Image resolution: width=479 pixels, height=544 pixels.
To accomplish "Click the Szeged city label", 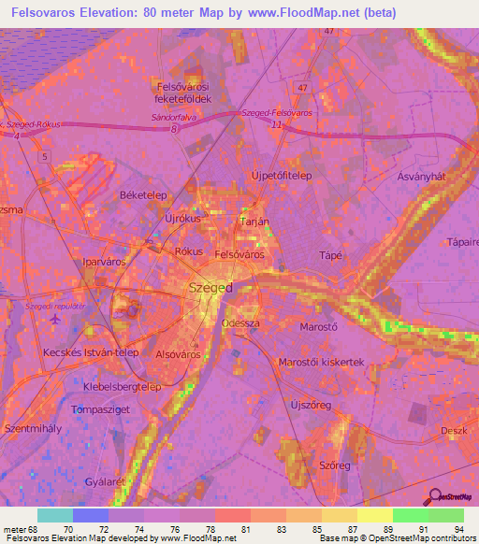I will pyautogui.click(x=210, y=288).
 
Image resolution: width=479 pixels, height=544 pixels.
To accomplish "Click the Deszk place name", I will pyautogui.click(x=453, y=430).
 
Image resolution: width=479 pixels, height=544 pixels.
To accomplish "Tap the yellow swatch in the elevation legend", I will pyautogui.click(x=374, y=515).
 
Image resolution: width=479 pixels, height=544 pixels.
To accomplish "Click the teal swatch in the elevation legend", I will pyautogui.click(x=54, y=515).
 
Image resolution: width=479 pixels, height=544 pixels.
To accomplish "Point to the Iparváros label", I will pyautogui.click(x=104, y=263).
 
